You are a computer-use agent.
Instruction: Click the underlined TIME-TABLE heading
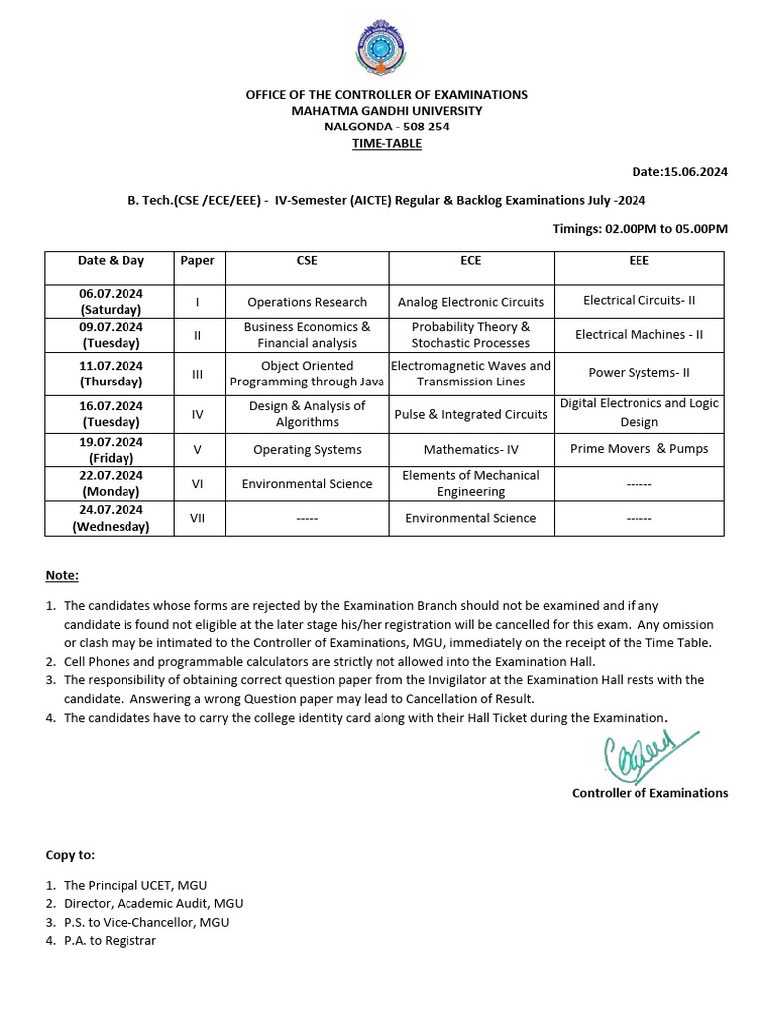click(386, 143)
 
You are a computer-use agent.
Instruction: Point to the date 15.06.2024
click(680, 171)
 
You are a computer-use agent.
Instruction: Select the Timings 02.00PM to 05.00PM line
click(639, 229)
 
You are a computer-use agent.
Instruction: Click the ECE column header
click(471, 261)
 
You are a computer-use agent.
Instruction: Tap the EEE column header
click(638, 261)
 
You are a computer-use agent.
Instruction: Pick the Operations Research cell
click(307, 302)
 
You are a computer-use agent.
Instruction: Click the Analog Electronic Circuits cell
click(471, 302)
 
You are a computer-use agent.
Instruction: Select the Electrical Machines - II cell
click(638, 335)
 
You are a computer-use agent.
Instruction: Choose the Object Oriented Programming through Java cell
click(307, 374)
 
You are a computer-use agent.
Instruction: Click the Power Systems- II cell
click(638, 373)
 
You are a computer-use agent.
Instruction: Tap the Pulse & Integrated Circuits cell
click(471, 414)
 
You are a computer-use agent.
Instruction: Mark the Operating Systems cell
click(307, 450)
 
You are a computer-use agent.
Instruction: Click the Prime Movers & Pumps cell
click(638, 449)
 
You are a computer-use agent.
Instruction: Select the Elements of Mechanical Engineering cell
click(471, 483)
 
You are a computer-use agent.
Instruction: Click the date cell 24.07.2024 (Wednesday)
click(111, 518)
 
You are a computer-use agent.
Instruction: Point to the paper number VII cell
click(197, 518)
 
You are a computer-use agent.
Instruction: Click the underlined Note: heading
click(62, 576)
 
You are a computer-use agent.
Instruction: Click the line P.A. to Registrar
click(110, 940)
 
